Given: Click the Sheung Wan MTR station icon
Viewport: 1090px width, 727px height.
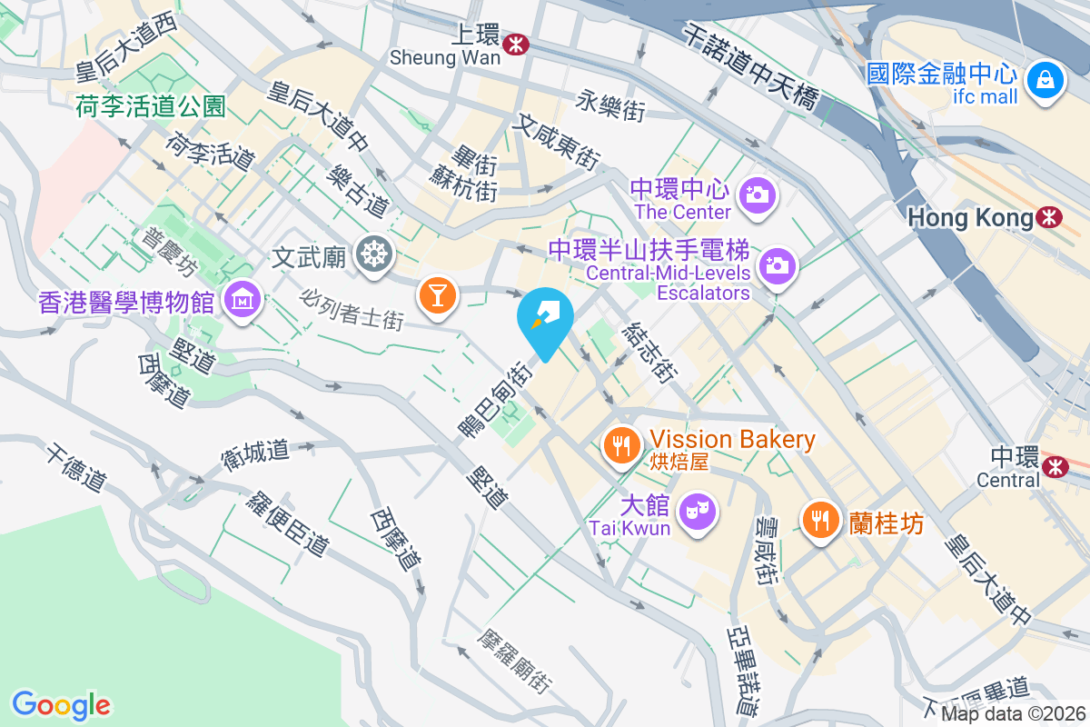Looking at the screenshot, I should [517, 43].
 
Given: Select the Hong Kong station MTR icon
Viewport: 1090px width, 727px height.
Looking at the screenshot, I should [1049, 217].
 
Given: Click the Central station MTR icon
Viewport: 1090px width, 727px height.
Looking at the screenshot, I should [1055, 465].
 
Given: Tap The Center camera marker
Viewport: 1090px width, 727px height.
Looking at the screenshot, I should [756, 194].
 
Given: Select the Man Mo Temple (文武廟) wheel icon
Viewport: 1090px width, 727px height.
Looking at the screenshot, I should [372, 254].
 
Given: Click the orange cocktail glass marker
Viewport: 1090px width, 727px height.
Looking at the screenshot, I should [437, 295].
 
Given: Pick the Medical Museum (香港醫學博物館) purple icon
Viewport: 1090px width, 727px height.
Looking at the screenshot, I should [243, 297].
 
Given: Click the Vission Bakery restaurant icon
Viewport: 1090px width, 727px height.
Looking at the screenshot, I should [622, 445].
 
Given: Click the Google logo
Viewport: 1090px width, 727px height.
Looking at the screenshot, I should [62, 705].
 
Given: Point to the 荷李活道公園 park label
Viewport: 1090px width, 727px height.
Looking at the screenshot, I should [151, 107].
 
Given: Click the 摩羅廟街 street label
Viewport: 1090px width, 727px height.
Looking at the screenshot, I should [517, 661].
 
